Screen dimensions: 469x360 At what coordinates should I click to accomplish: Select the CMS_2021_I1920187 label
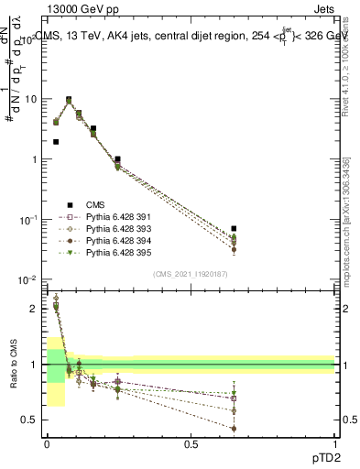coord(190,274)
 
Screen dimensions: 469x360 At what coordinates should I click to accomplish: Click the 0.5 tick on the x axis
coord(191,443)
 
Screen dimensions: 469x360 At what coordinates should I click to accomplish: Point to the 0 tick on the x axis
coord(46,443)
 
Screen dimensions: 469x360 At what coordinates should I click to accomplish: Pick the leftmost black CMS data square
coord(56,142)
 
